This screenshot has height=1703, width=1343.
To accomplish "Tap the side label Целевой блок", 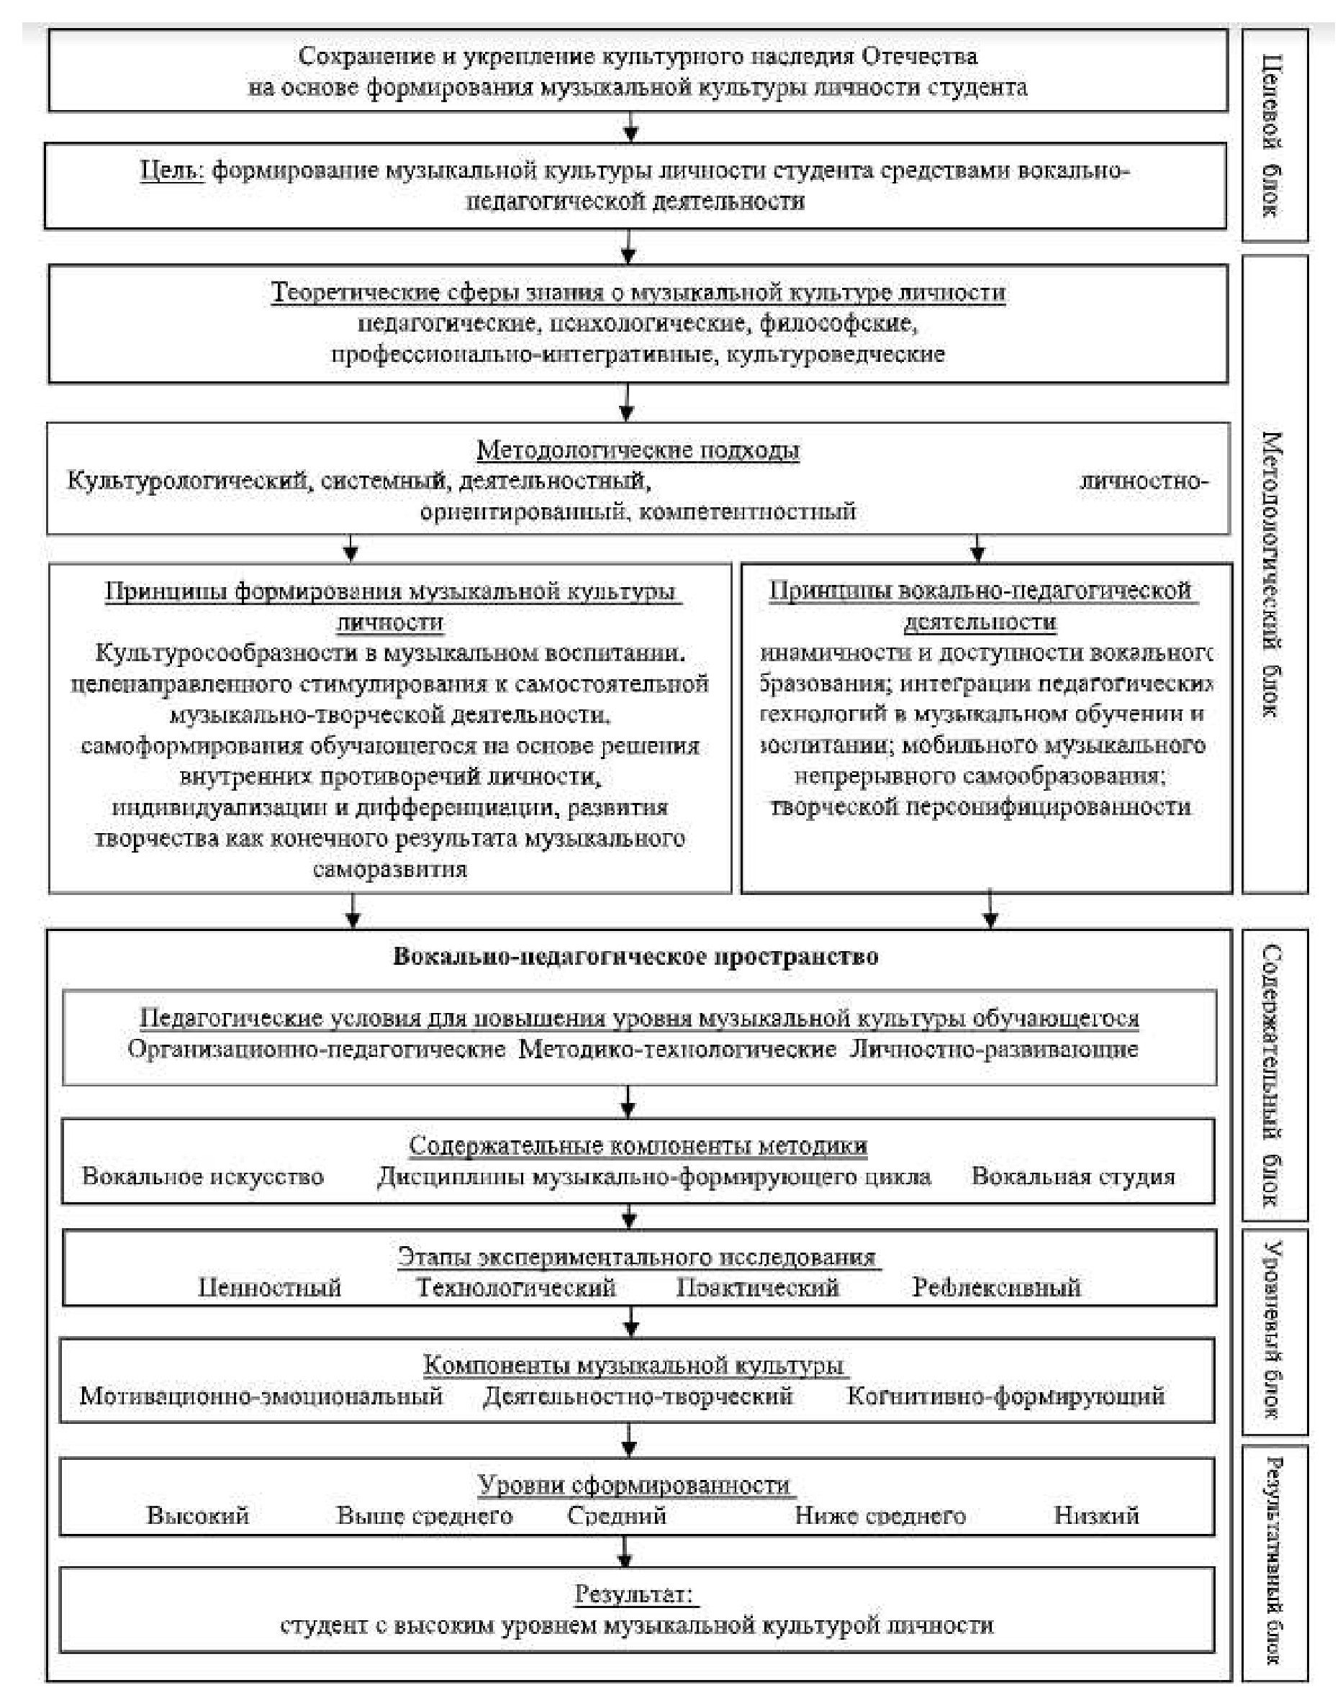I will coord(1273,135).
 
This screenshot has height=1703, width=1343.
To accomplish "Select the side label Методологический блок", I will coord(1273,573).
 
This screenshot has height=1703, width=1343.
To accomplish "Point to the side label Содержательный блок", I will coord(1273,1074).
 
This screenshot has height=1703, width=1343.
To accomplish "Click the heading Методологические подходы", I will coord(638,450).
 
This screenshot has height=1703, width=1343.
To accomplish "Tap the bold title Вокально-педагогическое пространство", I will coord(636,956).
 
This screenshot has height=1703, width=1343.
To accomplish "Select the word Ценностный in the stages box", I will coord(269,1287).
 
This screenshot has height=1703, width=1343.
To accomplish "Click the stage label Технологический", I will coord(515,1287).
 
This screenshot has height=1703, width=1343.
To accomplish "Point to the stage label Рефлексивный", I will coord(996,1287).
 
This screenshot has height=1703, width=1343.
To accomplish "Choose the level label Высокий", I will coord(197,1515).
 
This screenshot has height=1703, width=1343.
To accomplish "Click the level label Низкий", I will coord(1096,1515).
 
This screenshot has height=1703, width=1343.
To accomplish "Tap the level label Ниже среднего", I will coord(880,1515).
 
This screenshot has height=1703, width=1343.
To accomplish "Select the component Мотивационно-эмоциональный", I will coord(261,1397).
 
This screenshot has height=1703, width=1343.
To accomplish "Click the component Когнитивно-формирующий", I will coord(1005,1397).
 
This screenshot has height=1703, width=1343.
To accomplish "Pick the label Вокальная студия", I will coord(1073,1176).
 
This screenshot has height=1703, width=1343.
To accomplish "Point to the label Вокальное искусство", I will coord(203,1176).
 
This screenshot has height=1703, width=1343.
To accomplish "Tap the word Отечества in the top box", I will coord(919,57).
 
